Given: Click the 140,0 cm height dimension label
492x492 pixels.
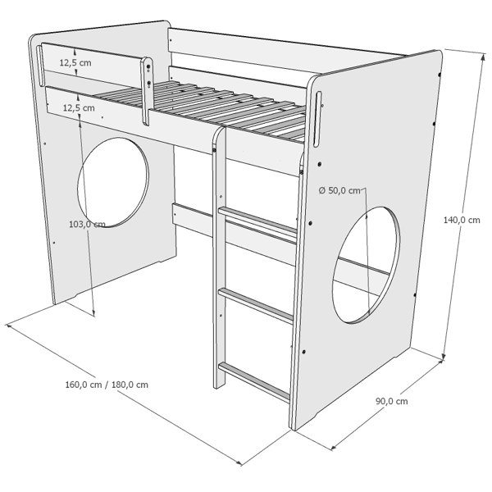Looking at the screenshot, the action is (462, 220).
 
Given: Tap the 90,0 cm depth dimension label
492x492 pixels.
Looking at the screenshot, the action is (392, 401).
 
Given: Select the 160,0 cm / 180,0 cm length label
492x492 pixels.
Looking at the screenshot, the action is (107, 385).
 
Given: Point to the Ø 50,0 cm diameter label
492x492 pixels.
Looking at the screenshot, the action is (339, 190).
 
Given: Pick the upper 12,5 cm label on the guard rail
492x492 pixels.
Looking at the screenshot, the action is (75, 63).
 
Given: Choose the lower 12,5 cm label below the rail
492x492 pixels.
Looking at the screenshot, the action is (79, 108).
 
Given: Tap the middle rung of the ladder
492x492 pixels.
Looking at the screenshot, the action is (256, 305).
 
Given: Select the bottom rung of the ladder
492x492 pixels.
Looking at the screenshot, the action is (254, 381).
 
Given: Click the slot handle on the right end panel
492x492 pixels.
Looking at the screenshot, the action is (317, 119).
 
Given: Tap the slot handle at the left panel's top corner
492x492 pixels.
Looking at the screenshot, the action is (40, 66).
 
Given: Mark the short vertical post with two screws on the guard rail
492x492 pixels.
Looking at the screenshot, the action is (147, 91).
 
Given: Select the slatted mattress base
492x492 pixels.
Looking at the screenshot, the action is (201, 110).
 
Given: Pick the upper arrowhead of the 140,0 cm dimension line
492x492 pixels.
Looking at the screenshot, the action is (484, 57).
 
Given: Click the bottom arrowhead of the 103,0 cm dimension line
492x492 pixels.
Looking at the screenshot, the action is (93, 313).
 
